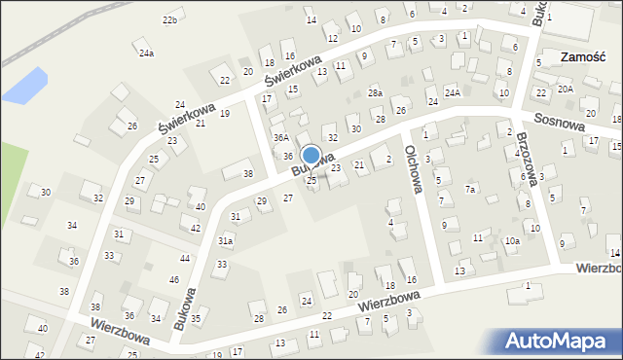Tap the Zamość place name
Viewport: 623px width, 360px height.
[x=585, y=57]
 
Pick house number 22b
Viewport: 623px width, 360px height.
[x=170, y=20]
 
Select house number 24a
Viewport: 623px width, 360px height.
[x=146, y=54]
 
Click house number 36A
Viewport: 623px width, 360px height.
[x=280, y=138]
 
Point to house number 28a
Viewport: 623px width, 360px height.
[x=375, y=93]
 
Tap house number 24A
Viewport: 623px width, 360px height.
[x=453, y=92]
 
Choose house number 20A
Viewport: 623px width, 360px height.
[x=566, y=89]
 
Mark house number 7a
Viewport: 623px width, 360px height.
[x=470, y=190]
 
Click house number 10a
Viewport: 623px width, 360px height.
[x=512, y=240]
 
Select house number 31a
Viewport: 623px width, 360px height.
[x=225, y=240]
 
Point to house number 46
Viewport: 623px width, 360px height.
[x=174, y=279]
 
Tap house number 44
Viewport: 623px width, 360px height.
[x=185, y=258]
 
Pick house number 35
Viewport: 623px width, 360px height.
[x=196, y=318]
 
